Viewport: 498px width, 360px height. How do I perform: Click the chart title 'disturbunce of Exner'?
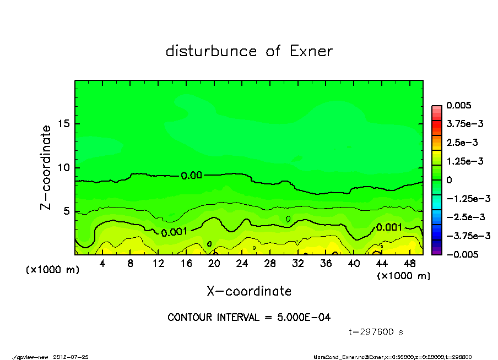click(249, 52)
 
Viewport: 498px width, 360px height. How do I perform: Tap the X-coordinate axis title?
click(249, 291)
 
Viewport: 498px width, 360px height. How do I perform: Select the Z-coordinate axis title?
click(46, 167)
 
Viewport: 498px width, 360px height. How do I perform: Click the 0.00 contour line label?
click(191, 176)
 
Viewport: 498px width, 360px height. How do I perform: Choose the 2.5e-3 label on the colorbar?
click(463, 143)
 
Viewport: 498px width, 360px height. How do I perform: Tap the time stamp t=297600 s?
click(376, 332)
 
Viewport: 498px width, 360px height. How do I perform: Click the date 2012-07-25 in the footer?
click(71, 357)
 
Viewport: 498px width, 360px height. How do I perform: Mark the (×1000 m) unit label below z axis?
click(51, 270)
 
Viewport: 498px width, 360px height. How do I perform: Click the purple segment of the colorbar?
click(436, 251)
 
